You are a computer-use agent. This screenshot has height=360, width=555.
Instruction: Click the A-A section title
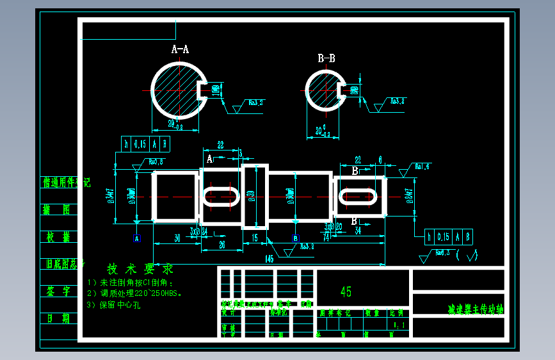pos(180,49)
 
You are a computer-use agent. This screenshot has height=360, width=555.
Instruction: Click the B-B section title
pos(326,58)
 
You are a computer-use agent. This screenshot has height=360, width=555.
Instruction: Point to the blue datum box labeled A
pos(136,238)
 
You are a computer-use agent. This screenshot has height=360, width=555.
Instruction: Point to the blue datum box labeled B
pos(295,238)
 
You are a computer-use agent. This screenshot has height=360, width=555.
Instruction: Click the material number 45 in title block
pos(346,292)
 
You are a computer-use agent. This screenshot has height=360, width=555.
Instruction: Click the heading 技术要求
pos(140,268)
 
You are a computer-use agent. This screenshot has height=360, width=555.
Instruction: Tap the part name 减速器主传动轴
pos(475,309)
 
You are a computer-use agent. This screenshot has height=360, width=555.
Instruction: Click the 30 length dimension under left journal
pos(177,237)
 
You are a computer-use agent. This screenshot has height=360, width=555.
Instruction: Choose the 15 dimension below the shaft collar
pos(254,237)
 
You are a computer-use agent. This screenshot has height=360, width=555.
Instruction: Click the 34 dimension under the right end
pos(358,229)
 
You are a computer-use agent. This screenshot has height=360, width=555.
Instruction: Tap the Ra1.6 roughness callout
pos(422,167)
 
